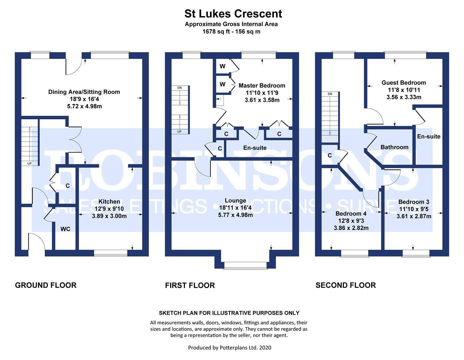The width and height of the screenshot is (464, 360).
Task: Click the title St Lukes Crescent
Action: [233, 14]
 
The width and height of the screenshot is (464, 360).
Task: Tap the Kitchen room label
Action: [109, 201]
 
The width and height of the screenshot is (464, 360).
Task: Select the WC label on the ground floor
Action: [65, 229]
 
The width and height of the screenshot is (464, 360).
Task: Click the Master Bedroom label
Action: [262, 86]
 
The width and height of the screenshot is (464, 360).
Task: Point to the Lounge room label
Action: [235, 200]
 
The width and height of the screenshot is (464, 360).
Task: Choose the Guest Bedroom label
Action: [404, 83]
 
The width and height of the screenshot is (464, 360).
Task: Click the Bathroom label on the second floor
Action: [394, 147]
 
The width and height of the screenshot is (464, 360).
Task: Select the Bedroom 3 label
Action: [414, 202]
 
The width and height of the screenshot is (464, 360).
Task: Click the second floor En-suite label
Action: [429, 136]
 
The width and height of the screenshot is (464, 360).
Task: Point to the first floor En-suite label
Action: [255, 148]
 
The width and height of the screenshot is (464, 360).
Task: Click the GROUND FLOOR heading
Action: [46, 285]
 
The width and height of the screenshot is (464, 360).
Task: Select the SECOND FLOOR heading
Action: [345, 285]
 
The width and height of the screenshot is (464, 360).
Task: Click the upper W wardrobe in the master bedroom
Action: [222, 66]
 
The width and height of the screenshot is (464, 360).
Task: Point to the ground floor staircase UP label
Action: [29, 164]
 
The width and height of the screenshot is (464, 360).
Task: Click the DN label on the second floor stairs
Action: [330, 94]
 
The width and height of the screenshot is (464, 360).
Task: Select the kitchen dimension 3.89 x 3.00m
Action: [109, 216]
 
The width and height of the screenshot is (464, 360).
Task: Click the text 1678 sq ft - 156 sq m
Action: [231, 32]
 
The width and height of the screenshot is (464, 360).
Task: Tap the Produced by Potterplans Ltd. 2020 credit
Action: [230, 348]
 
